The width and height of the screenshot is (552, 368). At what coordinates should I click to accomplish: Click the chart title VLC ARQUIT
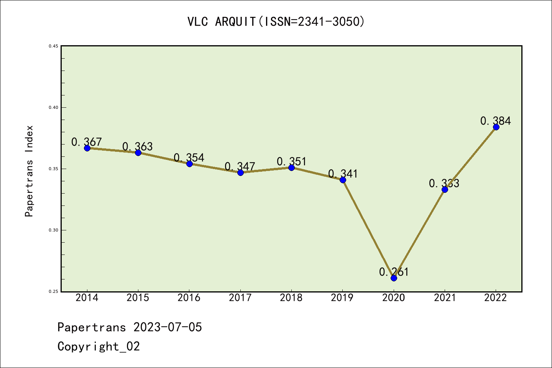[276, 22]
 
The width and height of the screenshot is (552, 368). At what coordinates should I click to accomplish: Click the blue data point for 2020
[394, 278]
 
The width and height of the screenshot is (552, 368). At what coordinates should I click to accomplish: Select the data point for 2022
[496, 127]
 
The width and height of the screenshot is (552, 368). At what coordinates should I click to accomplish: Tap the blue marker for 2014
[87, 148]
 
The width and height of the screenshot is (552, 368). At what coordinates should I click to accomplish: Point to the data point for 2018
[291, 168]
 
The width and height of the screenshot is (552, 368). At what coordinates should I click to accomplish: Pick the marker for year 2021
[445, 189]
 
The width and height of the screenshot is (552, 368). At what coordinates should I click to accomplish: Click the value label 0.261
[394, 272]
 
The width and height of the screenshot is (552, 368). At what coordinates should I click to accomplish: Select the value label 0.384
[495, 121]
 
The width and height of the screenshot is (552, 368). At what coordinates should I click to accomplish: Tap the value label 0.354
[189, 158]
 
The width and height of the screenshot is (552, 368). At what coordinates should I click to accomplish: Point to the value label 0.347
[240, 166]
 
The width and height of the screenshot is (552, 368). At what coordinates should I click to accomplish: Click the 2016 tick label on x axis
[189, 298]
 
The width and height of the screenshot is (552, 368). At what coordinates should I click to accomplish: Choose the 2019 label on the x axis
[342, 298]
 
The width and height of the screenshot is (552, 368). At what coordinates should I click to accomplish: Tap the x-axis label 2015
[138, 298]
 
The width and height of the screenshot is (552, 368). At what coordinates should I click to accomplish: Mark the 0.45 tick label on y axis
[53, 46]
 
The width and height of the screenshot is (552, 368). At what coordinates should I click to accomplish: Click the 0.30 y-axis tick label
[53, 230]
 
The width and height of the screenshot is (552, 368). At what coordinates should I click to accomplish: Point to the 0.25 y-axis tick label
[53, 292]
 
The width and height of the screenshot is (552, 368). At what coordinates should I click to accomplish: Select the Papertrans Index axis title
[29, 171]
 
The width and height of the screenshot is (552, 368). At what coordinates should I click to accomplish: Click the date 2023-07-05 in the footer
[168, 327]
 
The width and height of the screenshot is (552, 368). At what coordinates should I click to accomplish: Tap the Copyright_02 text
[99, 347]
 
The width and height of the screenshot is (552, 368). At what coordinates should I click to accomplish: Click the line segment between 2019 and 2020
[368, 229]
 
